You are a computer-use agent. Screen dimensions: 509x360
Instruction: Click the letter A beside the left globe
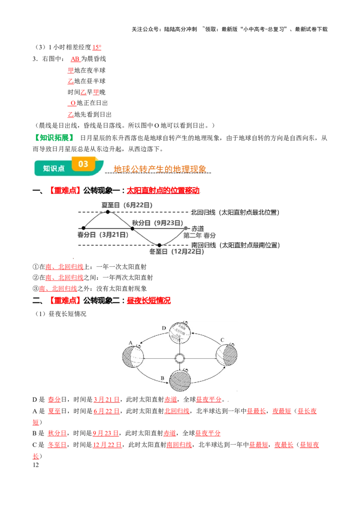coord(130,343)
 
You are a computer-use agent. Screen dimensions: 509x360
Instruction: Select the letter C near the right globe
coord(222,340)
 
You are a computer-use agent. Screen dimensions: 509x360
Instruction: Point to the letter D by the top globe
coord(164,328)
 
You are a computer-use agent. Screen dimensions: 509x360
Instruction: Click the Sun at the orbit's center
coord(180,358)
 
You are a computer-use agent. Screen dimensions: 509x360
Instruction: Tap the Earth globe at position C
coord(226,355)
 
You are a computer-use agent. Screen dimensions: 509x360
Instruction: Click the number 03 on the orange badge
coord(83,164)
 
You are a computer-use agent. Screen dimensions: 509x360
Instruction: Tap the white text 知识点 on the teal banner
coord(54,168)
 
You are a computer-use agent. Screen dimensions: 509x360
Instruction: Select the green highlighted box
coord(54,138)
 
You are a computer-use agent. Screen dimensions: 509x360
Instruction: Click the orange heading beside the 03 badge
coord(160,169)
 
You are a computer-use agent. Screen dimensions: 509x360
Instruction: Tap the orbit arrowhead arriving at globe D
coord(192,333)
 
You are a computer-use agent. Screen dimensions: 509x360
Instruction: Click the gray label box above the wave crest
coord(128,205)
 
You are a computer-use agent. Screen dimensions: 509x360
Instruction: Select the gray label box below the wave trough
coord(176,252)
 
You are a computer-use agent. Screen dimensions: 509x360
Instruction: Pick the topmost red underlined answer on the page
coord(97,48)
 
